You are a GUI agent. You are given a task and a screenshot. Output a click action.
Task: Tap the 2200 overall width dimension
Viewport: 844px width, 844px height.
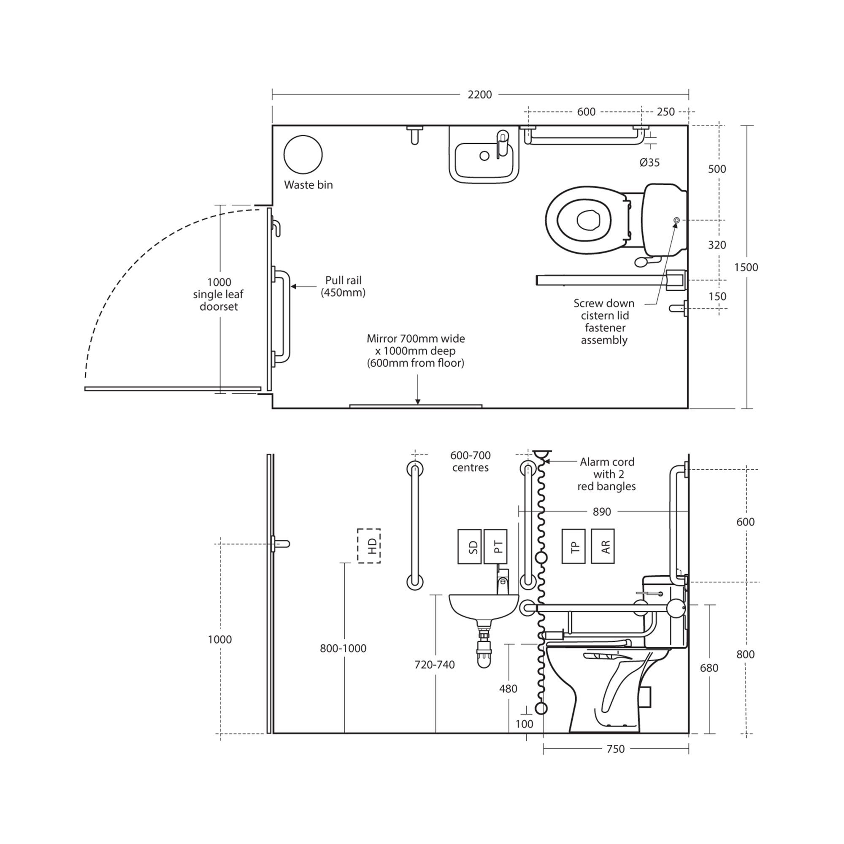tap(480, 95)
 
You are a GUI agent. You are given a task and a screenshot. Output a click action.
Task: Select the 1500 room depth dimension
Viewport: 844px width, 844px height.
tap(746, 268)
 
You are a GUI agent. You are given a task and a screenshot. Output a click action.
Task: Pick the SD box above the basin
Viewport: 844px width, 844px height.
tap(469, 546)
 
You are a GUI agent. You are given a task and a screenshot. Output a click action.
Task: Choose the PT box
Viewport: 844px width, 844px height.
tap(495, 546)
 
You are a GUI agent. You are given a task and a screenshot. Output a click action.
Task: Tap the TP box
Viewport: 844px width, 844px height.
tap(573, 546)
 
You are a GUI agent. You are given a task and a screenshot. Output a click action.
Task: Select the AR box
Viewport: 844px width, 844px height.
tap(603, 546)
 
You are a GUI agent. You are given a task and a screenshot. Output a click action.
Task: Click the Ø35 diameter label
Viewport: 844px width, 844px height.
tap(649, 162)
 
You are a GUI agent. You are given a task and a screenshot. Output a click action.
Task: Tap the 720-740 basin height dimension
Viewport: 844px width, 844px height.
tap(435, 665)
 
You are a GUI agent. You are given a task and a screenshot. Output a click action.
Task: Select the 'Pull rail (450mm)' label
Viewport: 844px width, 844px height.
tap(344, 287)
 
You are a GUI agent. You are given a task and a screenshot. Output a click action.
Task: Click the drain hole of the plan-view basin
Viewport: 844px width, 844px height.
tap(484, 156)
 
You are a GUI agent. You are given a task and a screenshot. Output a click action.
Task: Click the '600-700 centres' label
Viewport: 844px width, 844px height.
tap(471, 461)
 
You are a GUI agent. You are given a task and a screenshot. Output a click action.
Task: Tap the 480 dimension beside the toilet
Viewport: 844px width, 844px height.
tap(508, 688)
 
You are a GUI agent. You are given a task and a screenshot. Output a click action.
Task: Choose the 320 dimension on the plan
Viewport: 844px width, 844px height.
tap(717, 245)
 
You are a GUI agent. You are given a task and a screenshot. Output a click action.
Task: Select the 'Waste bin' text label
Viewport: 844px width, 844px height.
tap(308, 185)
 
